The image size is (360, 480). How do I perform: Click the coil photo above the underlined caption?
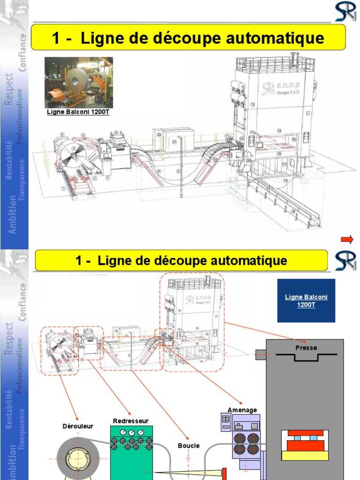[x=79, y=82]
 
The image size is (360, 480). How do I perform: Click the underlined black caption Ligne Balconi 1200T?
[x=78, y=112]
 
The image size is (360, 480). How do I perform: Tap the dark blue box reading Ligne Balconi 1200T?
[x=306, y=300]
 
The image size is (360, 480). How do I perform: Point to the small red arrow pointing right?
[x=347, y=240]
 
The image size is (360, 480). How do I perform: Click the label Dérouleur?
[x=78, y=426]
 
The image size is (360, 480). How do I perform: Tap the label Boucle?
[x=188, y=445]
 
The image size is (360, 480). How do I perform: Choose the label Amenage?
[x=242, y=410]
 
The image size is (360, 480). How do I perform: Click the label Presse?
[x=306, y=348]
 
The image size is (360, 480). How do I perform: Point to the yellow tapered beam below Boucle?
[x=187, y=474]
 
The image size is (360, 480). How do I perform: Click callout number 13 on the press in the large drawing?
[x=252, y=104]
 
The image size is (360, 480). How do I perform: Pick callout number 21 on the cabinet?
[x=174, y=142]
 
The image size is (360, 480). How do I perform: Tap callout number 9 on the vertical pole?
[x=179, y=172]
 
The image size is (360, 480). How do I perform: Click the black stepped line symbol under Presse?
[x=306, y=357]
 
